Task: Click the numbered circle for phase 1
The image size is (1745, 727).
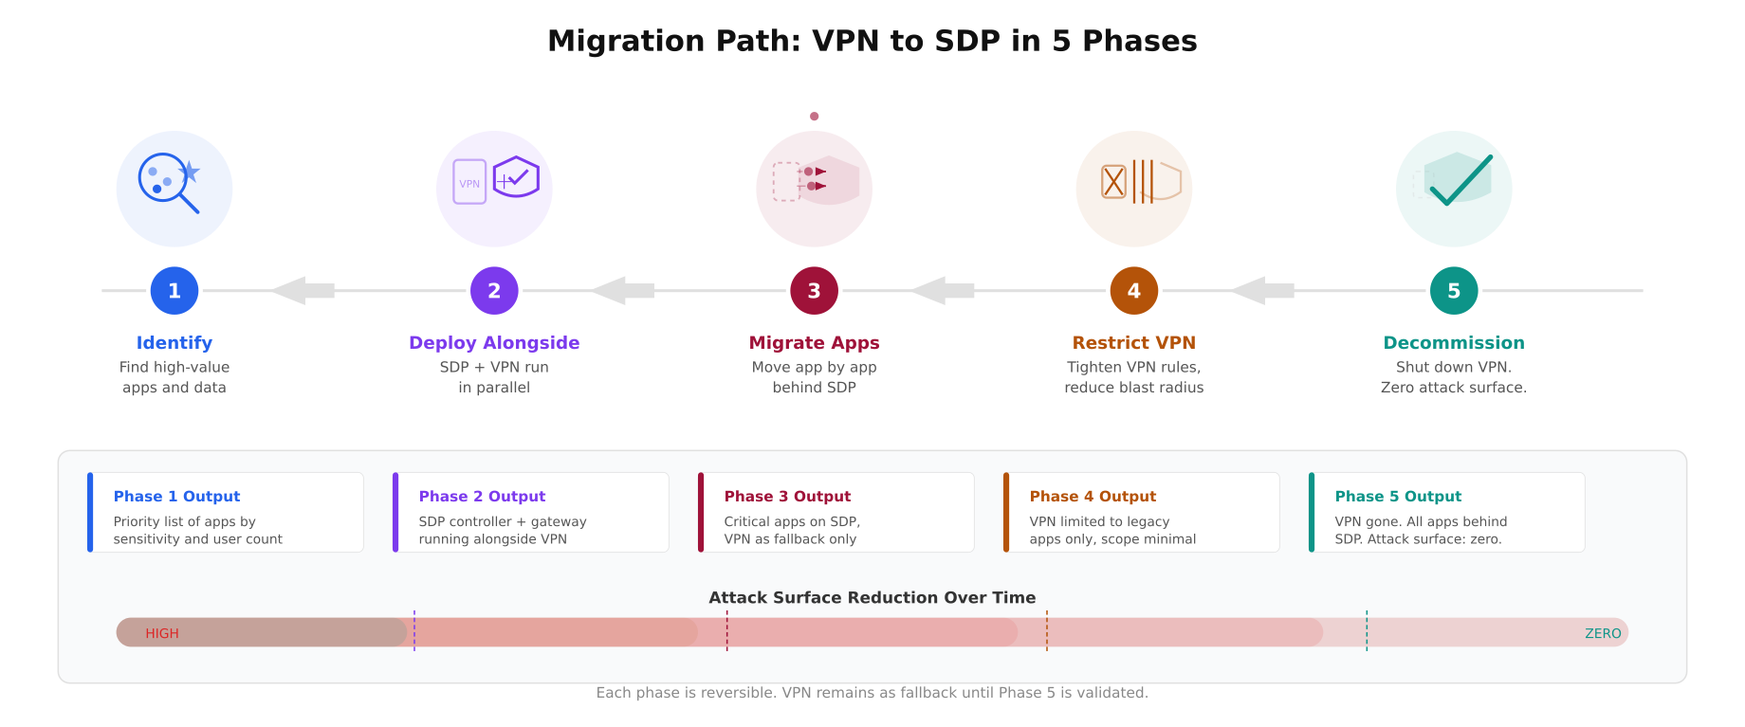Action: (x=174, y=291)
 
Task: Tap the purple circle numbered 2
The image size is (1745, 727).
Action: (x=494, y=291)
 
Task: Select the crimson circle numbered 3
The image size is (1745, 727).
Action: (x=814, y=291)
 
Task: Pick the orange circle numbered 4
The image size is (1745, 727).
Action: (x=1133, y=291)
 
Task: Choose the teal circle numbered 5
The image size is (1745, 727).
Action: (x=1454, y=291)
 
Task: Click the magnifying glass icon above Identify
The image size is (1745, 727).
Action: (x=168, y=182)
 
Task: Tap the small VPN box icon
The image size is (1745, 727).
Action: (x=469, y=182)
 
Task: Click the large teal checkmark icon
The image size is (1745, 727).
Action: (x=1460, y=180)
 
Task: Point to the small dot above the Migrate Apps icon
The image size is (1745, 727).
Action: (x=814, y=117)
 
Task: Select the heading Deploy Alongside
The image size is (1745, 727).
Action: (x=494, y=343)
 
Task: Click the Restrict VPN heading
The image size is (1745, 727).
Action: (x=1133, y=343)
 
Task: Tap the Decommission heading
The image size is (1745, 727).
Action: (x=1454, y=343)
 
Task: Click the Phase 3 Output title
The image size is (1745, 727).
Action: (x=787, y=497)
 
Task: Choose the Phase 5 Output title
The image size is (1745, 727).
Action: (x=1398, y=497)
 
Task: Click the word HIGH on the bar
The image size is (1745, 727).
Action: (x=162, y=633)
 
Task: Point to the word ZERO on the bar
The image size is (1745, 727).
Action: (x=1603, y=633)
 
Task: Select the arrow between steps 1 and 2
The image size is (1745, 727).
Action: (x=303, y=291)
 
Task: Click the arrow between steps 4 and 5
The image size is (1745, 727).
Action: (x=1262, y=291)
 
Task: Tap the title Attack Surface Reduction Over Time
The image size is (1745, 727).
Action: (x=872, y=598)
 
